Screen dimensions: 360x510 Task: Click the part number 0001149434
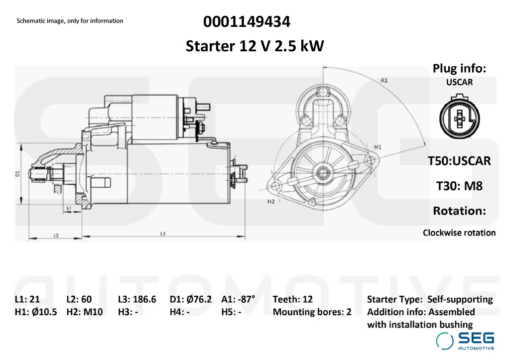247,22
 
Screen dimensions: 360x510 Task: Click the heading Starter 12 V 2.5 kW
255,46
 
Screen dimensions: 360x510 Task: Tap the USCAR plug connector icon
459,119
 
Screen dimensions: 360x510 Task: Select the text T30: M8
459,186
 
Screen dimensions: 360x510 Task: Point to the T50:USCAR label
459,161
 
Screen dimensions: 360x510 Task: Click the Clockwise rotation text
459,233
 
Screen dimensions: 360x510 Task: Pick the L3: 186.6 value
137,299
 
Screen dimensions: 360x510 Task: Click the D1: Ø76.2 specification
191,299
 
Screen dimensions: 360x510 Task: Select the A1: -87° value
238,299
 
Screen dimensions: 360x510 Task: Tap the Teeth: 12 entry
293,299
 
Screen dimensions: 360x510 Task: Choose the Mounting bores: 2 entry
312,312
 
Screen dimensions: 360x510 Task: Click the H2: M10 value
85,312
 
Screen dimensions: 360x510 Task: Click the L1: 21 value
27,299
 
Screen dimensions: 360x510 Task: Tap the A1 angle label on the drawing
384,80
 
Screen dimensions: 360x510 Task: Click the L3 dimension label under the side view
163,234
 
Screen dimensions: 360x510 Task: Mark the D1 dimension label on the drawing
17,173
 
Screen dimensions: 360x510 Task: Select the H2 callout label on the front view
271,202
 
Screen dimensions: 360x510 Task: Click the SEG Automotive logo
465,340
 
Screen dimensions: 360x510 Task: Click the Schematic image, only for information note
70,21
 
